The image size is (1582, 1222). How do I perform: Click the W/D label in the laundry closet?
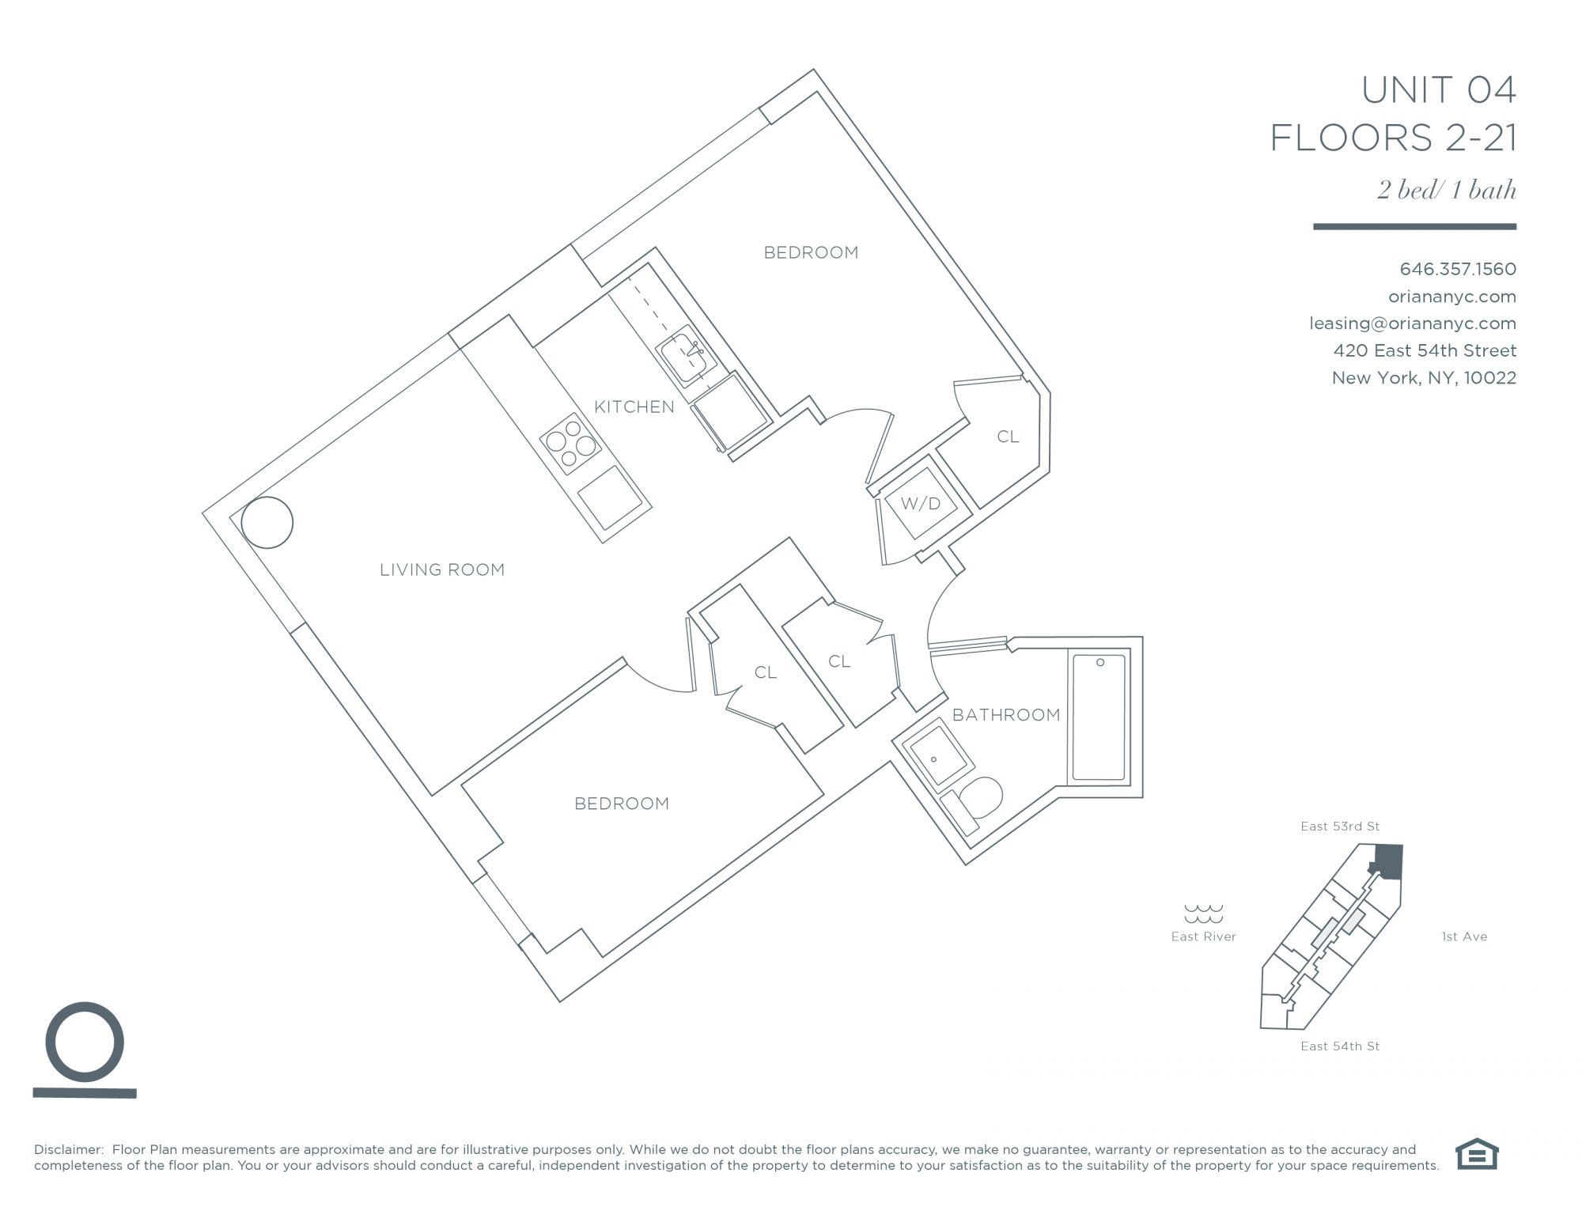pos(921,503)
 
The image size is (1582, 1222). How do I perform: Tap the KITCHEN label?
pos(634,407)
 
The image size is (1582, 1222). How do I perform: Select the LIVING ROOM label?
pos(442,569)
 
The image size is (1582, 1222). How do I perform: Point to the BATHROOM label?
pos(1006,715)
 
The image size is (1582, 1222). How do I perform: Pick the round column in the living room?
pos(267,522)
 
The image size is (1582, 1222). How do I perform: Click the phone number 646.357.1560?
pos(1458,269)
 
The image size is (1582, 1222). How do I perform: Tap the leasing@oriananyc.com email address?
pos(1413,323)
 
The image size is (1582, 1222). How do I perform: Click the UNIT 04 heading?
pos(1438,89)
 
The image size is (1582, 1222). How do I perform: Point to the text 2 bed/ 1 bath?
pos(1447,190)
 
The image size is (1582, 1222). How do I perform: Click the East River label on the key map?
pos(1203,936)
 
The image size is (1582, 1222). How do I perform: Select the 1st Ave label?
pos(1464,936)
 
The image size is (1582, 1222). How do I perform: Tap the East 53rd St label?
pos(1340,827)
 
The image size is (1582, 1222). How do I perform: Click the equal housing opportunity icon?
pos(1477,1153)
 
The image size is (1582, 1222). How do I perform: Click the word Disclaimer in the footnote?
pos(69,1150)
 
